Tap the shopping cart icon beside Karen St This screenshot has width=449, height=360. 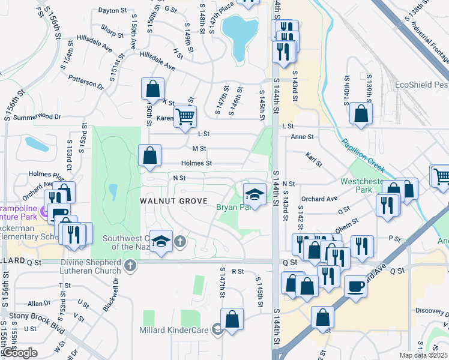[x=185, y=116]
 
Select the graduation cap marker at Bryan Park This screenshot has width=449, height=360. [x=255, y=195]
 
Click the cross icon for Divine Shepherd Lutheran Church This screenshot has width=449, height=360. [x=131, y=265]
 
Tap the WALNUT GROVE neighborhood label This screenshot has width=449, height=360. [x=174, y=200]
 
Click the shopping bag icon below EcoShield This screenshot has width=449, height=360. [x=360, y=114]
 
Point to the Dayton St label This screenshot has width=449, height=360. [x=113, y=10]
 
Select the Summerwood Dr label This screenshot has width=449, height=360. [x=33, y=117]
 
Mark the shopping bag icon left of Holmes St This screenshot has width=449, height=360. [x=149, y=156]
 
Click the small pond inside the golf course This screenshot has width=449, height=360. [x=113, y=192]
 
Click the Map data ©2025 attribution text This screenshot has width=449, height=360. [x=424, y=355]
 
